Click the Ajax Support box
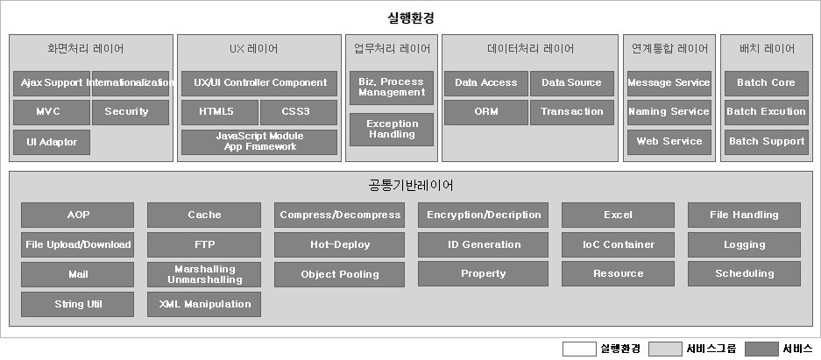(x=52, y=83)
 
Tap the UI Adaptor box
(x=52, y=142)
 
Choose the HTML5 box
(x=220, y=112)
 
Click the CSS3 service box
(x=298, y=112)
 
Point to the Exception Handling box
(x=392, y=130)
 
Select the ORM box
(x=485, y=112)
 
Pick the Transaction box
(x=572, y=112)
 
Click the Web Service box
(x=669, y=142)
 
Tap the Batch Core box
(x=765, y=83)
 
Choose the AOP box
(x=78, y=215)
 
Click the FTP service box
(x=204, y=245)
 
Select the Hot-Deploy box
(x=340, y=245)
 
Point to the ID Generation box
(x=484, y=245)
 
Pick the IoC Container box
(x=618, y=245)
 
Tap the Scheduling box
(x=744, y=274)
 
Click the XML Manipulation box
(x=204, y=305)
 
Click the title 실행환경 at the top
(x=410, y=18)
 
